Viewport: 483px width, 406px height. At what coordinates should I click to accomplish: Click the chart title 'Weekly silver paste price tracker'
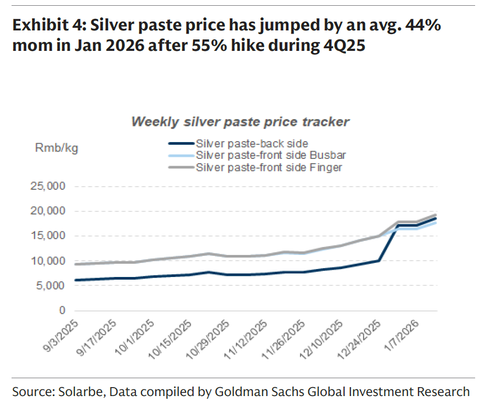tap(240, 122)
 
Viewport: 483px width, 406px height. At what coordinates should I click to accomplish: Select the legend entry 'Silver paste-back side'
tap(252, 143)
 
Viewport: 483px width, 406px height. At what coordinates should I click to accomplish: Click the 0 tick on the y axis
tap(62, 311)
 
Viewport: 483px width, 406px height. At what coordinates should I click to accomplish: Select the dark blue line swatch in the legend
tap(181, 143)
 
